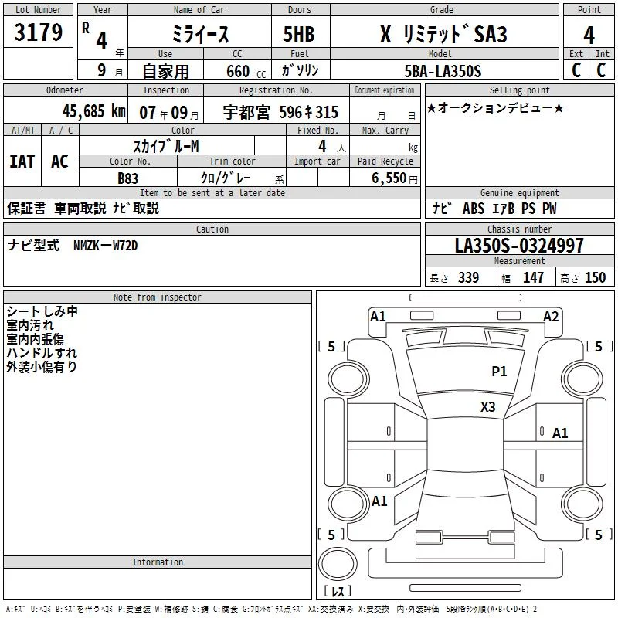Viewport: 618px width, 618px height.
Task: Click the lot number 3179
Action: (x=38, y=32)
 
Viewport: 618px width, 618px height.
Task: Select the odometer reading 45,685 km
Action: (x=94, y=111)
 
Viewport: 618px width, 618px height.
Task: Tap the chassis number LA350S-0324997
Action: (x=519, y=246)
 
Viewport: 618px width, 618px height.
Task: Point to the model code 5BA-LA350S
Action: (x=443, y=71)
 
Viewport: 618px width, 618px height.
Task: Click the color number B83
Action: (x=127, y=178)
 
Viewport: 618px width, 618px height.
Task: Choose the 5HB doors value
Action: (x=299, y=34)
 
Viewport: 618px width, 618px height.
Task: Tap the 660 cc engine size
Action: (x=246, y=72)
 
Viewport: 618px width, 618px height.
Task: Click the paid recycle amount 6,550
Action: (x=389, y=178)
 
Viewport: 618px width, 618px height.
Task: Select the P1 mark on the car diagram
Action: (x=499, y=371)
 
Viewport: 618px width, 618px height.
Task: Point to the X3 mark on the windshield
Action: (x=488, y=407)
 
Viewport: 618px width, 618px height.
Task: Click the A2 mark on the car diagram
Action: (x=551, y=317)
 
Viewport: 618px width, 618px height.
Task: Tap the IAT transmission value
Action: (x=22, y=161)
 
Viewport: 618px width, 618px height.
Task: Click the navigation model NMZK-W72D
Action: (x=105, y=246)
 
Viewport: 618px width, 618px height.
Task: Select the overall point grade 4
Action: (x=589, y=35)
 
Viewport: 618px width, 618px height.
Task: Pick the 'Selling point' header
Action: (x=519, y=90)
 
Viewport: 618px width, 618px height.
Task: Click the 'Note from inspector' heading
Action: (x=158, y=297)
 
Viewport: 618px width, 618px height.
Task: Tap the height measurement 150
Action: (x=595, y=278)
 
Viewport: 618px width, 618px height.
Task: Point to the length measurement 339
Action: (x=468, y=278)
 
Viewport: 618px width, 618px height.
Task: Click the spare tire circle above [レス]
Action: (x=338, y=563)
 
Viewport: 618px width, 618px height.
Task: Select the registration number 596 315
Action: (x=308, y=112)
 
